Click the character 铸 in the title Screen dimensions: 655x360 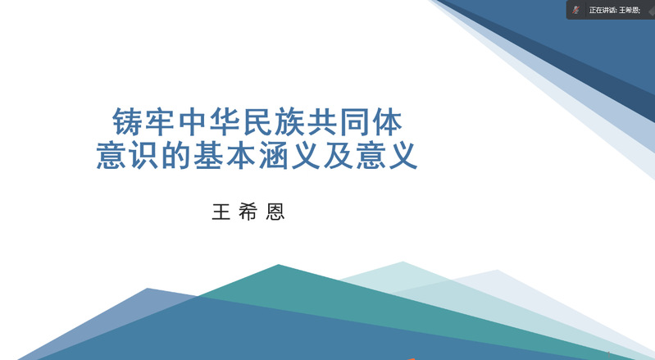click(126, 122)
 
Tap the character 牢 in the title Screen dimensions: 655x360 click(159, 122)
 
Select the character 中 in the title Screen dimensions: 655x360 click(192, 122)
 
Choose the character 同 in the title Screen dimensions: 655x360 click(355, 122)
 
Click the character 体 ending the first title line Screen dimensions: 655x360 click(387, 122)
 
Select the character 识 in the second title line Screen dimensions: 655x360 click(143, 155)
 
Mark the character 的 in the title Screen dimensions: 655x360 click(175, 155)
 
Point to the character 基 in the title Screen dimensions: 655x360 click(208, 155)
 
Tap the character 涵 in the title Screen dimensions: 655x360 click(273, 155)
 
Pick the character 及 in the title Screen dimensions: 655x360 click(339, 155)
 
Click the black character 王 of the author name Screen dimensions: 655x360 click(221, 212)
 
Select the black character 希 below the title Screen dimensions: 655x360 click(248, 212)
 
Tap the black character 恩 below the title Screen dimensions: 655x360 click(275, 212)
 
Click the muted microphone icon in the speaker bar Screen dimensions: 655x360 click(576, 10)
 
